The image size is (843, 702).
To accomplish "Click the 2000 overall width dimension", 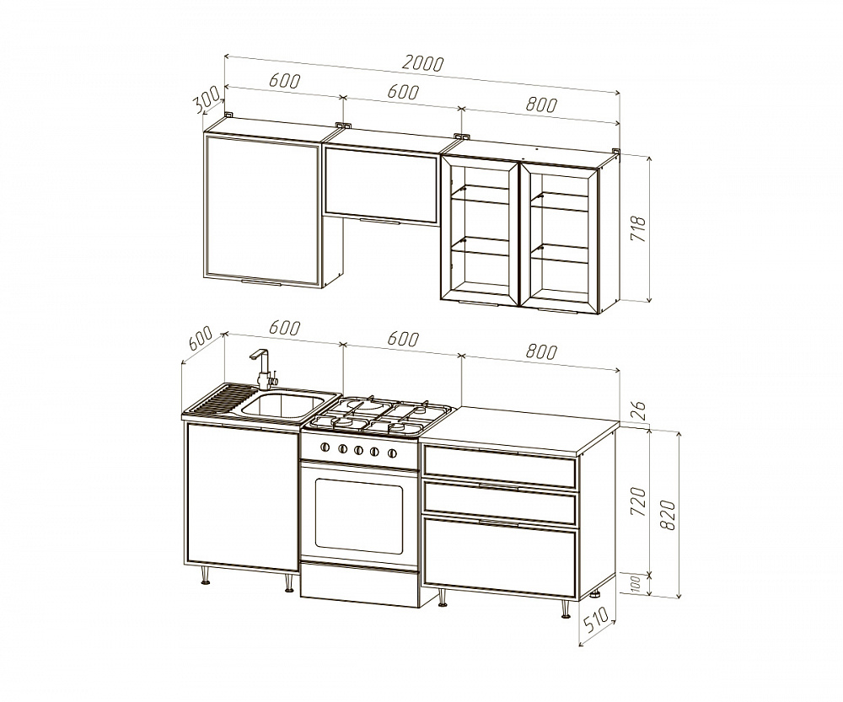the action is (422, 63).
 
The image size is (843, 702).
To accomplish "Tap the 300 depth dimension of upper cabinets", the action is (207, 100).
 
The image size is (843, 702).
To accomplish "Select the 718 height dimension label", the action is (637, 228).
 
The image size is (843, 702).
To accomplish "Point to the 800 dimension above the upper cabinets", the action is (541, 104).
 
